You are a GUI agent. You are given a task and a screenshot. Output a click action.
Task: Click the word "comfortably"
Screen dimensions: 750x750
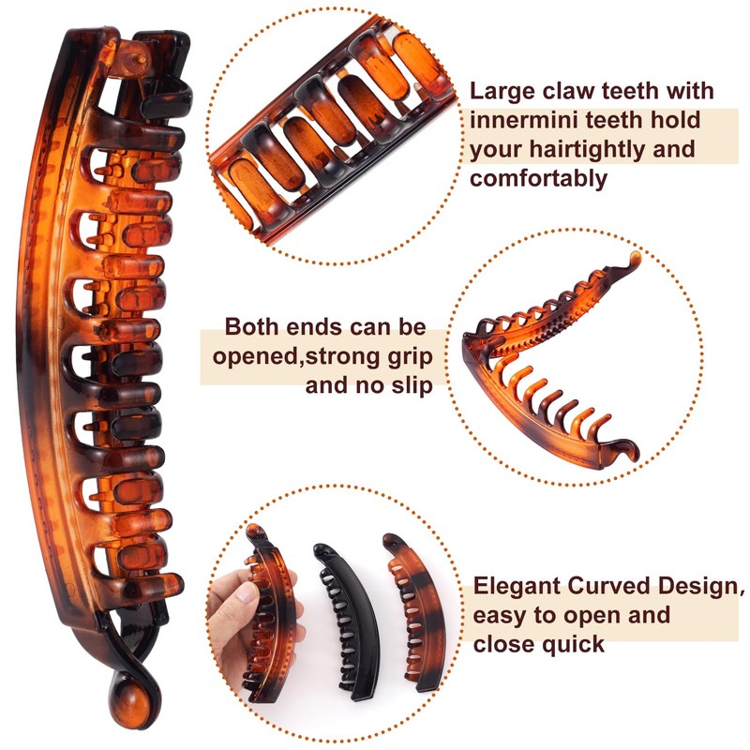click(x=539, y=178)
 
